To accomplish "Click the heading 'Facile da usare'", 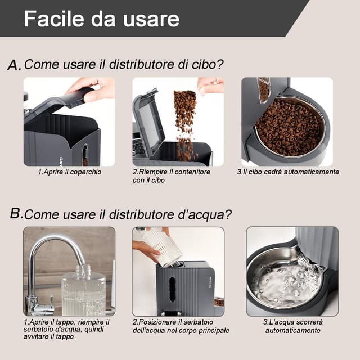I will (x=101, y=19).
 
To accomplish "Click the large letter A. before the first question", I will (x=14, y=65).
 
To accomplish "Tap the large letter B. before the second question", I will (x=16, y=214).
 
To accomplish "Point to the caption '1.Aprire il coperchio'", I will (x=69, y=172).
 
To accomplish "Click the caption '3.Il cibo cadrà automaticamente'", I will (x=288, y=172).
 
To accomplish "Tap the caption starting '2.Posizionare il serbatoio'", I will (x=180, y=326).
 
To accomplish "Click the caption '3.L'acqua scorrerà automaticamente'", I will (x=292, y=326).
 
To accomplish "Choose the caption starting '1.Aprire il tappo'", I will (x=66, y=328).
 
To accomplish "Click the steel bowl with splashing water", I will (x=281, y=281).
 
